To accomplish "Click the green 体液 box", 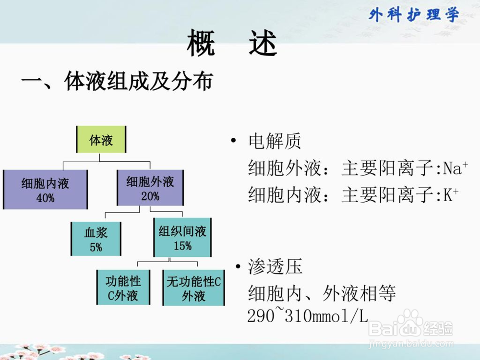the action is [x=101, y=139].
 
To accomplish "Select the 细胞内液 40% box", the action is [x=45, y=190].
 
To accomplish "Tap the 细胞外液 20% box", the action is [x=150, y=188].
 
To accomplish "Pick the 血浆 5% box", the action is [x=96, y=239].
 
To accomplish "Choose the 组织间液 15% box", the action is [x=182, y=237].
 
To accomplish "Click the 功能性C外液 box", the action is [x=123, y=287].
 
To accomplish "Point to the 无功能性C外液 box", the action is [x=193, y=288].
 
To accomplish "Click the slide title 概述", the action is [x=232, y=43].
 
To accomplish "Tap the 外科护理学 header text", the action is [x=414, y=15].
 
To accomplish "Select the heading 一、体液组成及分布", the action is [x=117, y=82].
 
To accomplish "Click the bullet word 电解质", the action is [x=275, y=141].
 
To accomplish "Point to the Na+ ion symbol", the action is [x=456, y=168].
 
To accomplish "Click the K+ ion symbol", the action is [x=451, y=195].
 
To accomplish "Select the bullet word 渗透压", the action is [x=275, y=266].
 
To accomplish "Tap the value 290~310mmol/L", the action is [x=307, y=315].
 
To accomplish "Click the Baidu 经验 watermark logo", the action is [x=410, y=325].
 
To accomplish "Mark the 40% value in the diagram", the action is [x=45, y=198].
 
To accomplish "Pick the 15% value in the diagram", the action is [x=183, y=245].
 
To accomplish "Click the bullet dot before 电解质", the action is [x=234, y=141].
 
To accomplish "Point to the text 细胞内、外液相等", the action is [x=322, y=293].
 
